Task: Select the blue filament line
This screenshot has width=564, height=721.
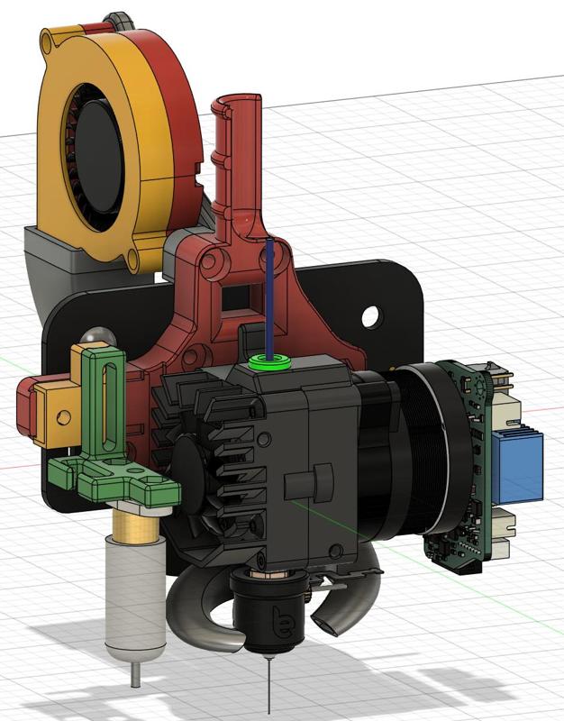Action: pyautogui.click(x=269, y=297)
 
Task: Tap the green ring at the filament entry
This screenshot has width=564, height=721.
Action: pyautogui.click(x=272, y=363)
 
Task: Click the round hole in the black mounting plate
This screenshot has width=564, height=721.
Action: pyautogui.click(x=369, y=315)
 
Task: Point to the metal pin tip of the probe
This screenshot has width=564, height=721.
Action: pyautogui.click(x=134, y=673)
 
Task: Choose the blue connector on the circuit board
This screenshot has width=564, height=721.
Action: pyautogui.click(x=517, y=465)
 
